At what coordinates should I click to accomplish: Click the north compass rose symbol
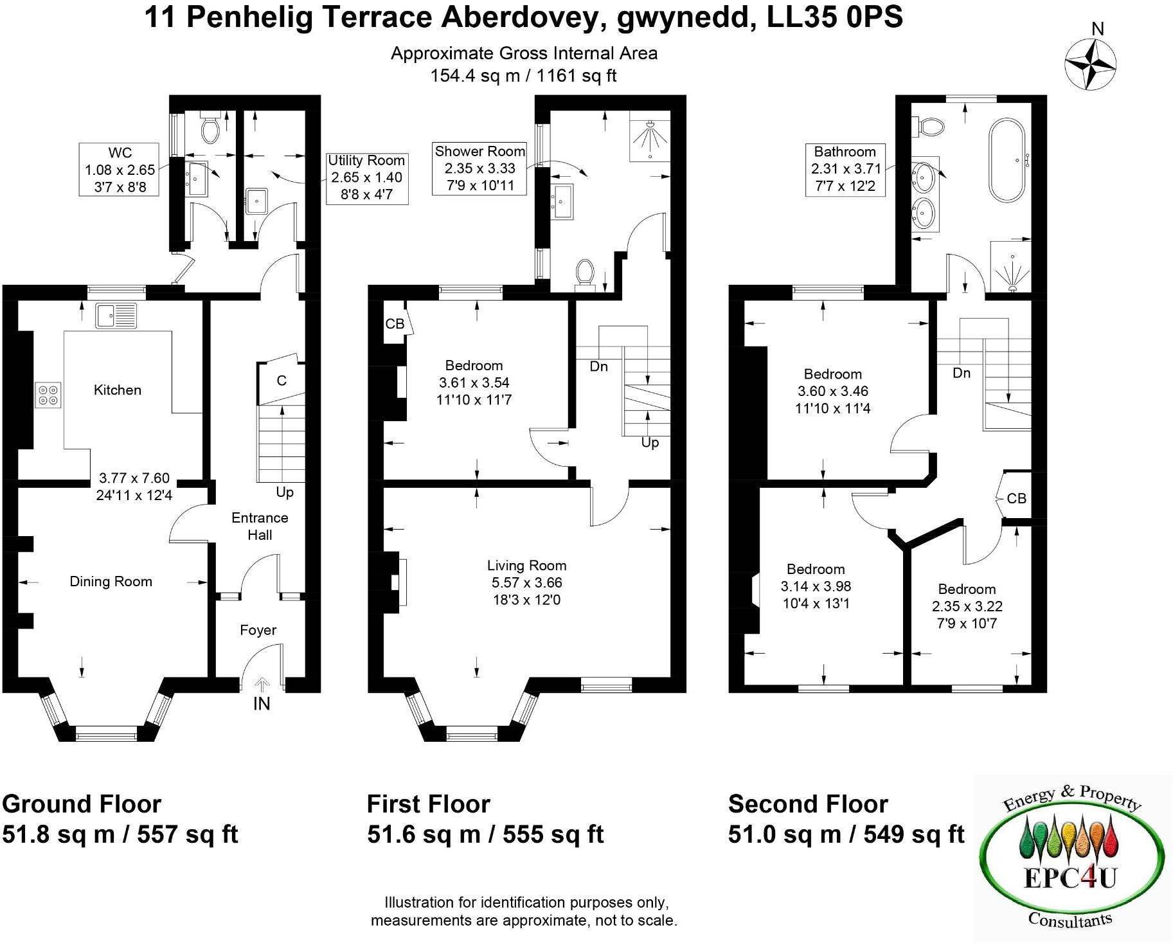(1090, 64)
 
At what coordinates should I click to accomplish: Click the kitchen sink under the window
(116, 316)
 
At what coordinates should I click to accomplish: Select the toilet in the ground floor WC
(210, 129)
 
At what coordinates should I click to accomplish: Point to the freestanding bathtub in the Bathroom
(1010, 159)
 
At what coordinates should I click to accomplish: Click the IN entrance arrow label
(262, 704)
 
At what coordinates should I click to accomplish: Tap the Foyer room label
(258, 630)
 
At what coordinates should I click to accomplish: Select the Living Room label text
(526, 566)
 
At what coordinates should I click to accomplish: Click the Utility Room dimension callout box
(366, 178)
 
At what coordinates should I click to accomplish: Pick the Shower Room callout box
(479, 169)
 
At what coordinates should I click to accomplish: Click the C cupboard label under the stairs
(281, 381)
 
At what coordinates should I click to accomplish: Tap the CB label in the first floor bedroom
(394, 324)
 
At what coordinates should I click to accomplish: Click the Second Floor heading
(808, 804)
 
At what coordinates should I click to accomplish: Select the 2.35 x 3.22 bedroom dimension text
(967, 606)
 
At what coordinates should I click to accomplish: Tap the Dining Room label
(111, 582)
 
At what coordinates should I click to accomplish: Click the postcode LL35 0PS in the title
(835, 17)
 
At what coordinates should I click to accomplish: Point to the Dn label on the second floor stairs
(962, 373)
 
